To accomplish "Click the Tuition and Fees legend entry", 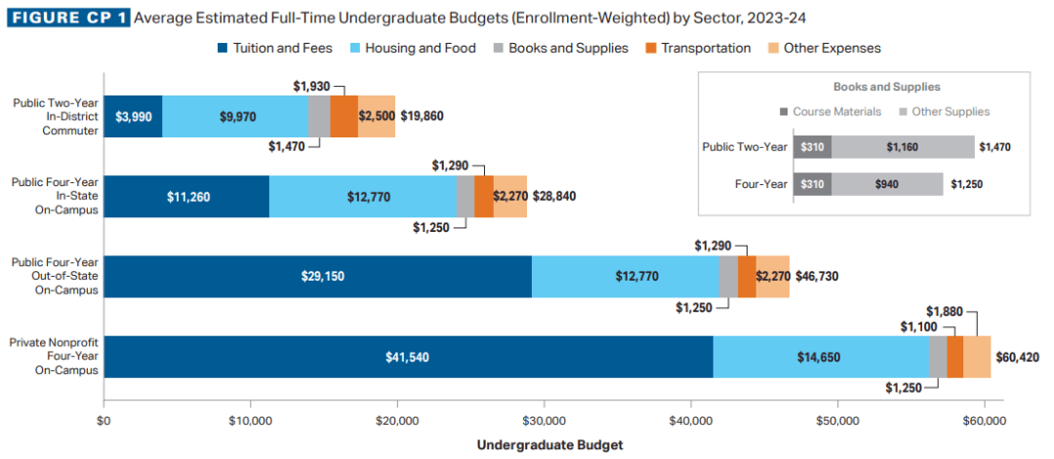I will point(274,48).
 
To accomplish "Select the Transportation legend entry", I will point(698,48).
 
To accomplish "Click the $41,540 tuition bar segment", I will point(408,358).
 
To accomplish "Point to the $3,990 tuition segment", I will point(133,117).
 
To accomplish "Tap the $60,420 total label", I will point(1018,358).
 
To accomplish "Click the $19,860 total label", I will point(422,117).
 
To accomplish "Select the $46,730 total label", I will point(816,277).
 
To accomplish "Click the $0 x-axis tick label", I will point(103,422).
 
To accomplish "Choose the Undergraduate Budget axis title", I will point(549,444).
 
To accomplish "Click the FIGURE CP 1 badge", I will point(67,18).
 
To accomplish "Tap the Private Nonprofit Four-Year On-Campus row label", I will point(53,357).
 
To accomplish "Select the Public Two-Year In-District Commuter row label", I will point(55,116).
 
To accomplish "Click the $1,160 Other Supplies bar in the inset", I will point(903,147).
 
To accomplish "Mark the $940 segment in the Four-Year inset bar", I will point(887,184).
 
